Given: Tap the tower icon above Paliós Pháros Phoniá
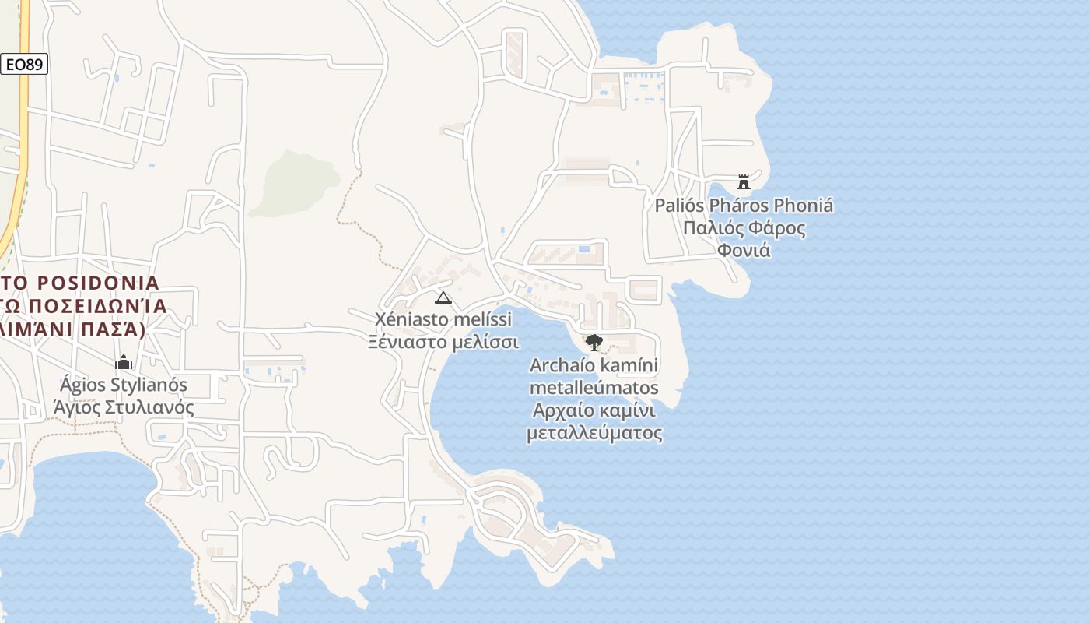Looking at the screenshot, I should [744, 181].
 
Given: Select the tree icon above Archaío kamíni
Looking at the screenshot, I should [594, 342].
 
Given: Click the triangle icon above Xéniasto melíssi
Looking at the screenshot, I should [443, 297].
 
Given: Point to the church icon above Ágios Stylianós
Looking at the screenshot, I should [123, 362].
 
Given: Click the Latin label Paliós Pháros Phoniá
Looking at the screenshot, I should [744, 206].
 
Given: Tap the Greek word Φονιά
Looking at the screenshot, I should [744, 251].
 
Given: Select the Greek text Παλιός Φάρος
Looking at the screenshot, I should [744, 228].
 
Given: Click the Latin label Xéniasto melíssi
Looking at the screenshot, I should [443, 319].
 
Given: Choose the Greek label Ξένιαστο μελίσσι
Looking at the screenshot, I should [443, 342].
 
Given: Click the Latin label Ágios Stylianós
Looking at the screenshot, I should [124, 385].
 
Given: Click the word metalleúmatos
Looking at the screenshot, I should [594, 388].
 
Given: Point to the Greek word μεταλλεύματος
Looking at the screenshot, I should [594, 433].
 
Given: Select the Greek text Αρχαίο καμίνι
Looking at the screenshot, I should [594, 410].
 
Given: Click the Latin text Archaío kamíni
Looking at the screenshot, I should [594, 364].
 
